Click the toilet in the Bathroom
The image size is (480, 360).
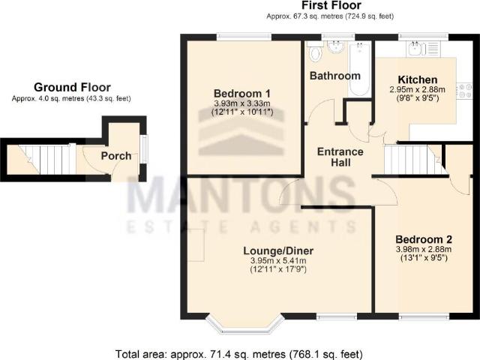[315, 52]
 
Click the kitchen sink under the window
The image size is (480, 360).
[415, 49]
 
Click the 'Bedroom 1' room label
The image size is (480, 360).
[242, 92]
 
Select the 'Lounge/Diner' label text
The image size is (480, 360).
[278, 250]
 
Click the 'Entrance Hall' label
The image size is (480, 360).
[340, 157]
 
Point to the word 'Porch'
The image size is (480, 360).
[116, 156]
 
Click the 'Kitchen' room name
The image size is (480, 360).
[416, 79]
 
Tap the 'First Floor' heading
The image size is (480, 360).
[329, 5]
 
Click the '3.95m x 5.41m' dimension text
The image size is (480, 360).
[278, 261]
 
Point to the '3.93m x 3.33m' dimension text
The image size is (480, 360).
[242, 103]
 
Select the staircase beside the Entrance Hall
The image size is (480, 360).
[405, 159]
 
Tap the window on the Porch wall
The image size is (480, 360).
[145, 146]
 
